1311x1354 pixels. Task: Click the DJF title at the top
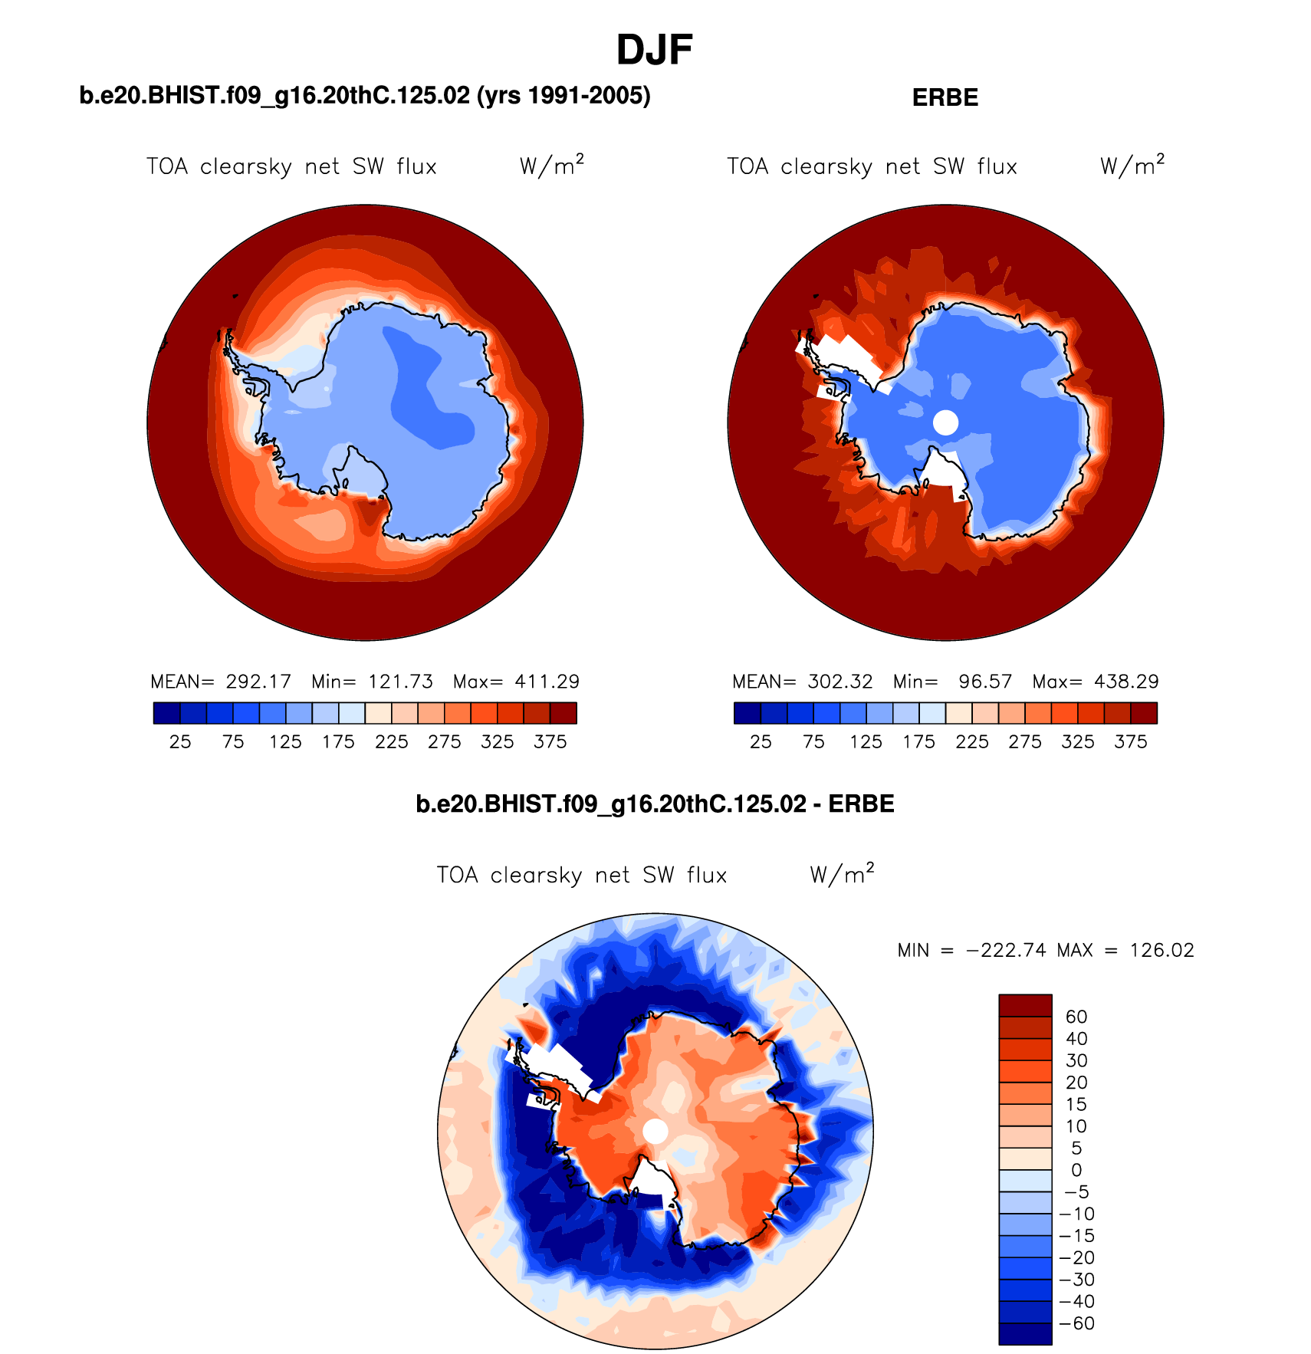(654, 51)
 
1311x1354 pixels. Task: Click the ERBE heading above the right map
(945, 98)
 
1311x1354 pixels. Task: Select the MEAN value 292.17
(258, 682)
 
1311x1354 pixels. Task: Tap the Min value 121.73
(400, 682)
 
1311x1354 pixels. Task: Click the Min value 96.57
(985, 682)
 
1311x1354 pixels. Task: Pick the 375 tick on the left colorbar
(550, 741)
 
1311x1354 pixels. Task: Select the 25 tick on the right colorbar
(761, 741)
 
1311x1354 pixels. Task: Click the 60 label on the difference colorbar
(1076, 1017)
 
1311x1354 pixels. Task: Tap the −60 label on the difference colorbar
(1076, 1323)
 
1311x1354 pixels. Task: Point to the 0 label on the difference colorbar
(1076, 1170)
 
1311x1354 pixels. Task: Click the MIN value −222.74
(1007, 951)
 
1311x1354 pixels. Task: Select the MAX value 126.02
(1161, 951)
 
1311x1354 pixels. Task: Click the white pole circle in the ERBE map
(945, 422)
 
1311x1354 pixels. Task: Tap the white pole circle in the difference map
(655, 1131)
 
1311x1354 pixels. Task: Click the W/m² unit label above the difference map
(842, 874)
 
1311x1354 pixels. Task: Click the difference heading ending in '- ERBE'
(655, 804)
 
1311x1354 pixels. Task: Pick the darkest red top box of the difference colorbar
(1025, 1005)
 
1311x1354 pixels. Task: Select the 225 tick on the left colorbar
(391, 741)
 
